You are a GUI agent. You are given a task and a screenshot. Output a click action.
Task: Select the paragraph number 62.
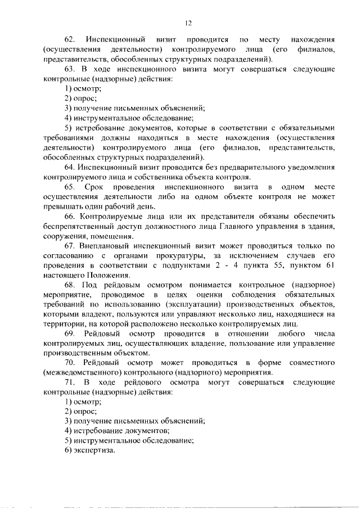[70, 40]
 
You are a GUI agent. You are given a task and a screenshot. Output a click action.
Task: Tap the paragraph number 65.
[70, 187]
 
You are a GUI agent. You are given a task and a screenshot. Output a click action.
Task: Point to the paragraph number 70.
[70, 362]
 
